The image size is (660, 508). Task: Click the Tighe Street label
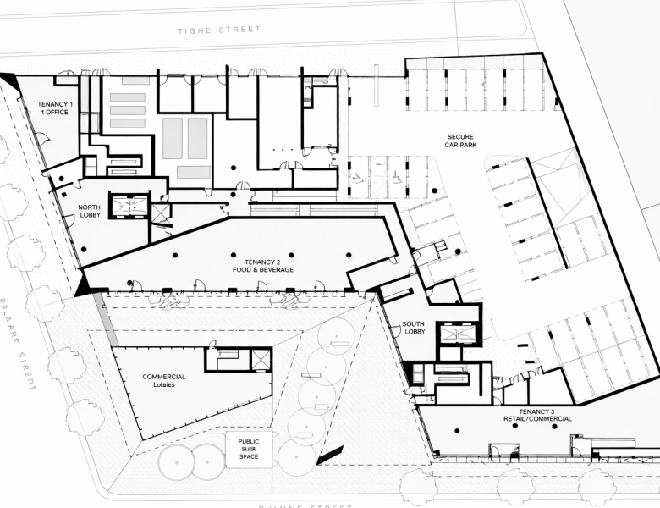coord(219,30)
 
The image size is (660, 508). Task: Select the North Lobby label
coord(90,211)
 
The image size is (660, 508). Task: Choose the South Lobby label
coord(414,329)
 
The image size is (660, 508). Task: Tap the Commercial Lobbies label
coord(164,381)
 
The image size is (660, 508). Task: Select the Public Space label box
coord(248,450)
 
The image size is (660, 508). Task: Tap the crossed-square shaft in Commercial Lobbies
coord(261,360)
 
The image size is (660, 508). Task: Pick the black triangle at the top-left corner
coord(10,80)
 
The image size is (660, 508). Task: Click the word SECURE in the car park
coord(460,136)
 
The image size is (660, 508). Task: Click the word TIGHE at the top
coord(194,30)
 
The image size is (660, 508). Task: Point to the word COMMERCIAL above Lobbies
coord(164,377)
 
